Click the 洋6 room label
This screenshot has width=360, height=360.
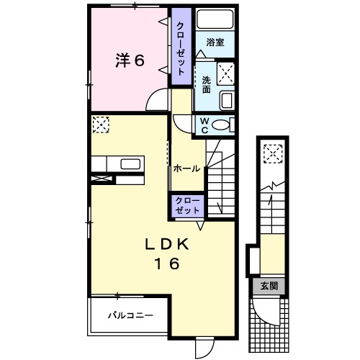pos(130,61)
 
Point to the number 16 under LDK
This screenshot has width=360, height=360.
pos(165,264)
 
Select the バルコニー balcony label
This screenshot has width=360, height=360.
pos(130,315)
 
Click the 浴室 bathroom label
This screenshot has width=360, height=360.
pos(214,42)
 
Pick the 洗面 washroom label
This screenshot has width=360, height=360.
pos(206,85)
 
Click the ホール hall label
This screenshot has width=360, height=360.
pos(187,168)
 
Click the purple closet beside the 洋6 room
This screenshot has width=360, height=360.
pos(180,47)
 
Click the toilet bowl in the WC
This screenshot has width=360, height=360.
pos(222,126)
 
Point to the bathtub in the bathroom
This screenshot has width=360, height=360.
pos(215,19)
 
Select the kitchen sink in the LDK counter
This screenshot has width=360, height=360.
pos(130,163)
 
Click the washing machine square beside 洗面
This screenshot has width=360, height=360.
pos(225,72)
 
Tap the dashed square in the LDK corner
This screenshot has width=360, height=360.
pos(99,125)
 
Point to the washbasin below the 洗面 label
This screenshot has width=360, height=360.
pos(225,99)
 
